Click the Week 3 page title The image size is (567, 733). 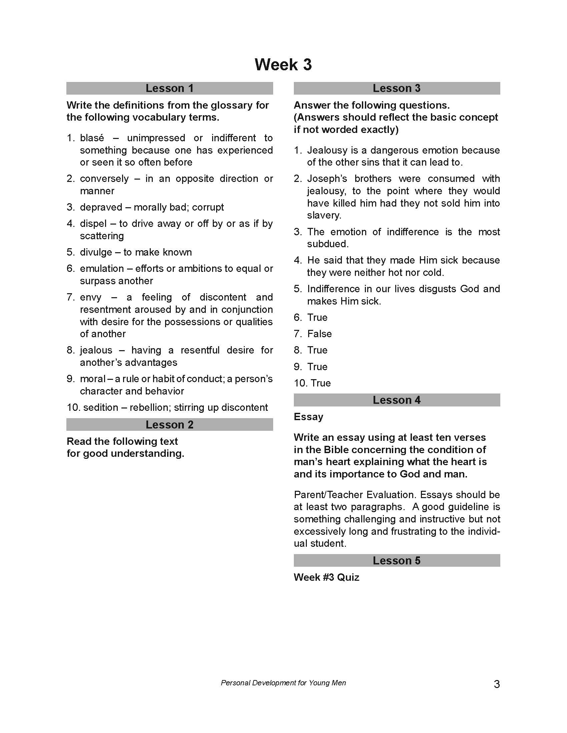283,64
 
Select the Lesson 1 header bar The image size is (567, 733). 170,88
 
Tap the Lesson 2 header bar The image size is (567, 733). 170,424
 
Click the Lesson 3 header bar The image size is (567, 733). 397,88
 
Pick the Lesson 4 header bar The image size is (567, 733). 397,400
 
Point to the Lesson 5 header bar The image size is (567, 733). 397,560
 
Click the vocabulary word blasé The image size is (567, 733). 92,138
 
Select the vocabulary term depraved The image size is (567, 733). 101,207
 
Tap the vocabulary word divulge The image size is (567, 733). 96,252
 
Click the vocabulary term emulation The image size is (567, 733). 102,269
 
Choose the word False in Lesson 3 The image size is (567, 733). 320,334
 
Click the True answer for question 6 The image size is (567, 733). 317,317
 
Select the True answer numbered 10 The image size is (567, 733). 321,383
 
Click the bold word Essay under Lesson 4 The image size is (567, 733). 309,417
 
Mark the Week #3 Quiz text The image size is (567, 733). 327,577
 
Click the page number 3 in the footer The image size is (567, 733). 497,684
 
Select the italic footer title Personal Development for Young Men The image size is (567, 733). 283,683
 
